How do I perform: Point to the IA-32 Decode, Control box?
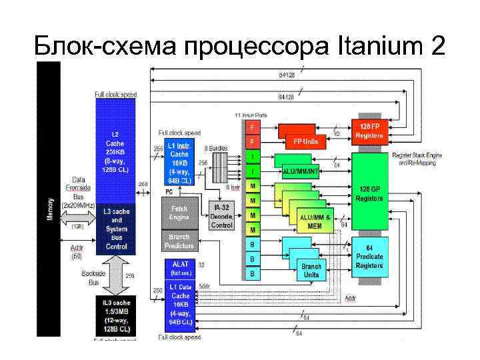click(221, 216)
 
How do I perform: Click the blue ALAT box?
click(181, 268)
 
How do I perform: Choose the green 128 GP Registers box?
click(369, 193)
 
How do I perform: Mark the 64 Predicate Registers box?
click(369, 257)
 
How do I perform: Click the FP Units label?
click(305, 141)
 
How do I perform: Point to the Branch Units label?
click(311, 269)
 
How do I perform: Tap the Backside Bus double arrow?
click(115, 275)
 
